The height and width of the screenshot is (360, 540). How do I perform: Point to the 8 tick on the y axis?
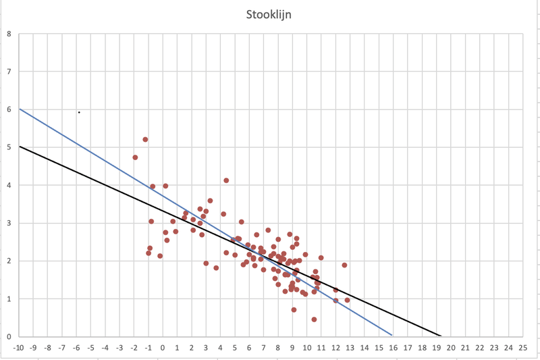click(9, 33)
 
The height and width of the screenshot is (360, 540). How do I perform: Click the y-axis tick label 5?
click(9, 147)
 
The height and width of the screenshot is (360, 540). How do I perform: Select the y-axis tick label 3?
click(9, 223)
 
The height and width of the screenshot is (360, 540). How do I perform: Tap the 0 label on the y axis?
click(9, 336)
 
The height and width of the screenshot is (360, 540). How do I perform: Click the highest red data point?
click(145, 140)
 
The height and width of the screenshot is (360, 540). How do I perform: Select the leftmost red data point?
click(135, 157)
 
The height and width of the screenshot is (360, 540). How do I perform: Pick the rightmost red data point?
click(347, 300)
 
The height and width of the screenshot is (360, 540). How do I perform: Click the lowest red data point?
click(314, 319)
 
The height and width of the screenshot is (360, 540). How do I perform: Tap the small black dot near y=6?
click(79, 112)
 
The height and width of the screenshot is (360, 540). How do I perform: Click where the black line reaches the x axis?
click(441, 336)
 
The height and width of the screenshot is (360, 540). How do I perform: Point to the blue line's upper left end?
click(19, 109)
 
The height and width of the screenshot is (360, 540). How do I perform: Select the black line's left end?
click(19, 147)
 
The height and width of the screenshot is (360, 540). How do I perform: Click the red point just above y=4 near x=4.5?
click(226, 180)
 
